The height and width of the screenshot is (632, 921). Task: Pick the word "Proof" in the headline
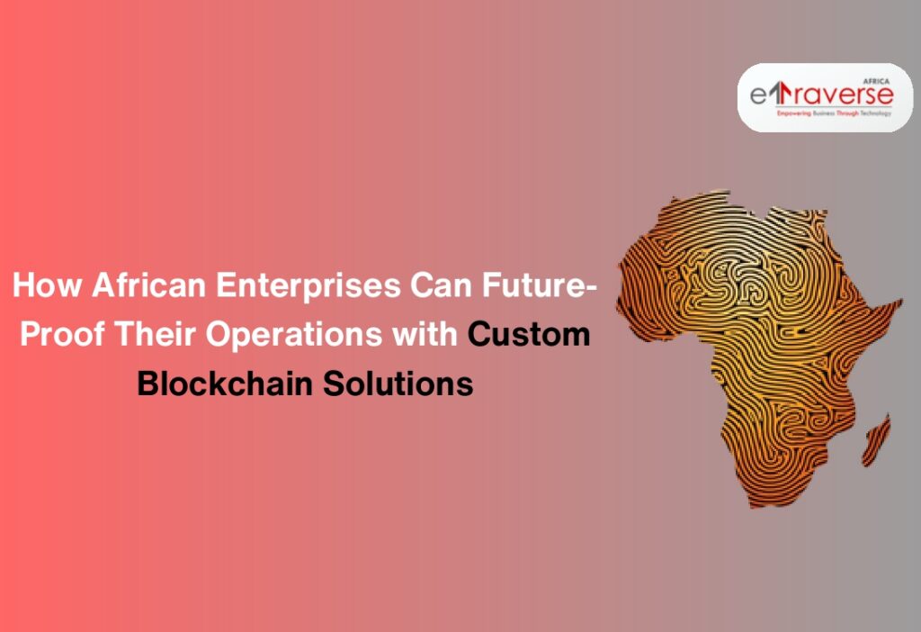point(62,334)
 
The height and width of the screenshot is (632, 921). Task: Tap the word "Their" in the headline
point(156,334)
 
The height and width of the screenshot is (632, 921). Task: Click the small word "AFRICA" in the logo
point(878,77)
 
